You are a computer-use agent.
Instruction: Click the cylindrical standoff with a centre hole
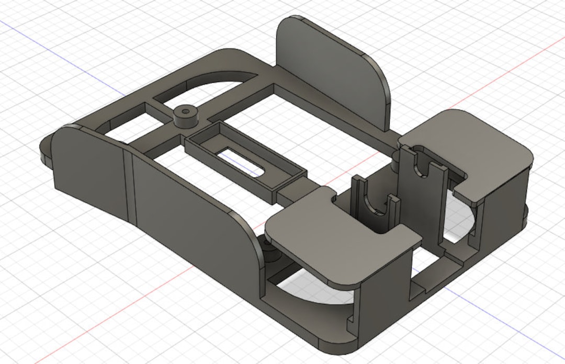click(185, 120)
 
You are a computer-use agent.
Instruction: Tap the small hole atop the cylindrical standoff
click(185, 111)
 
